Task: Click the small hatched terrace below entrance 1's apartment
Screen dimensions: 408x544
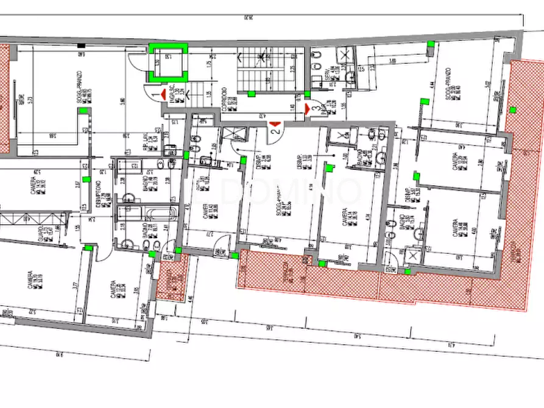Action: (x=172, y=277)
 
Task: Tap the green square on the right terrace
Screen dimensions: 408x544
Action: (x=513, y=110)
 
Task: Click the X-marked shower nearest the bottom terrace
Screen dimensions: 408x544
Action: (x=412, y=256)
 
